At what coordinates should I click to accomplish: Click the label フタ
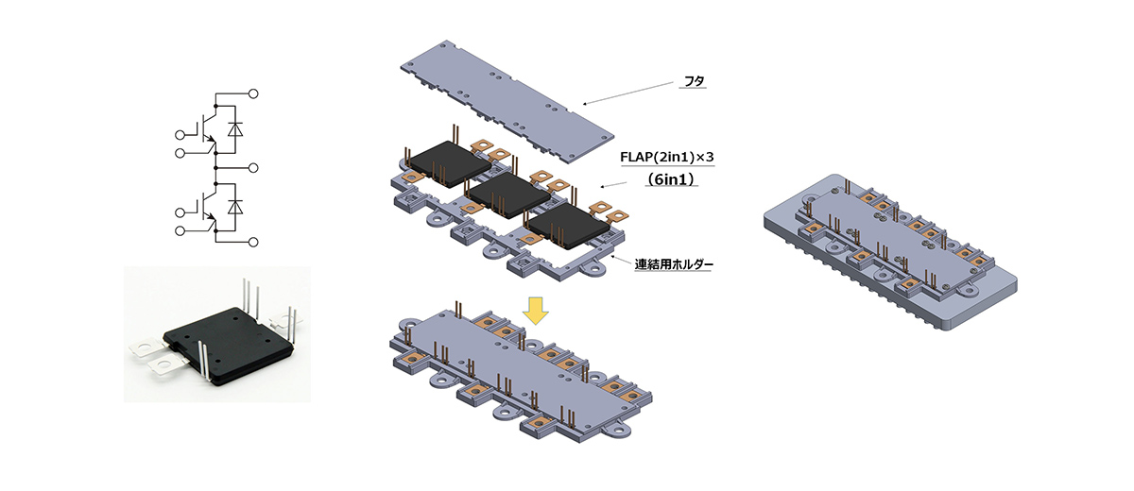[x=695, y=83]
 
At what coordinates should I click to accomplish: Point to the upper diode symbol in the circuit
[x=235, y=127]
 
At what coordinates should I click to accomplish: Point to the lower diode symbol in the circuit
[x=235, y=205]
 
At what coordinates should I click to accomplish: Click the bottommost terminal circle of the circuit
[x=253, y=243]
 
